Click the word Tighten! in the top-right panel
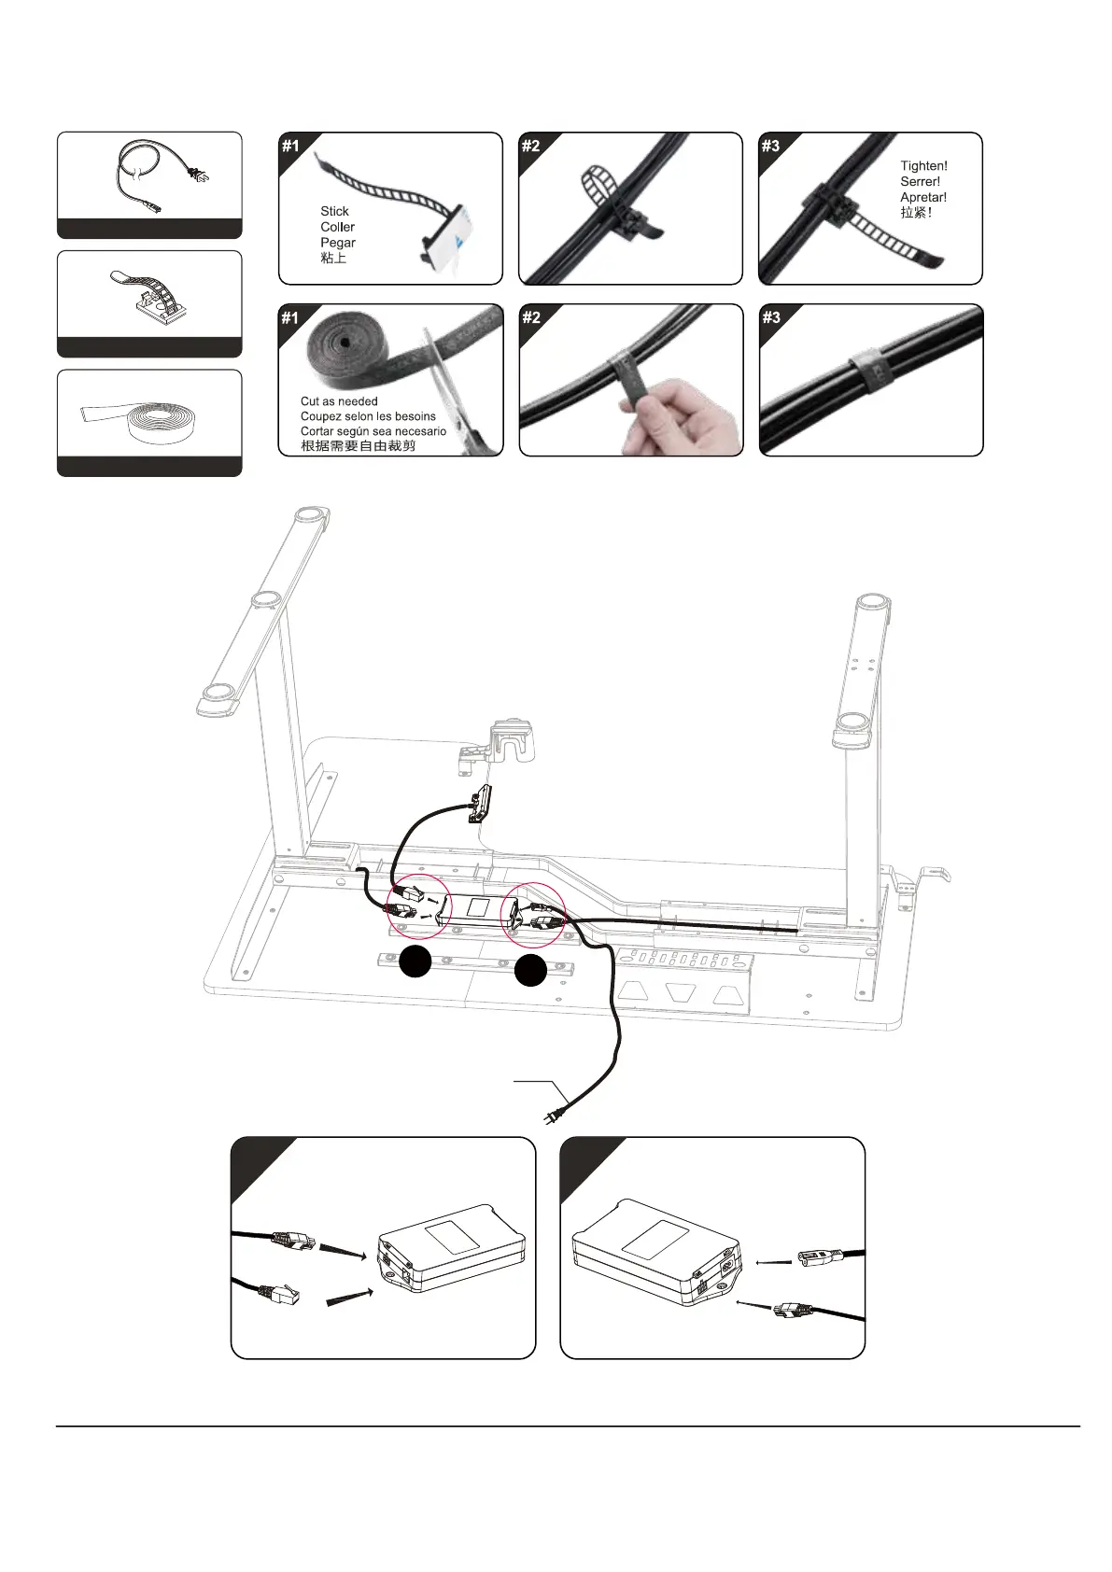pos(923,166)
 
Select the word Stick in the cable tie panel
pos(334,211)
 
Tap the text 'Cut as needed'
pos(339,401)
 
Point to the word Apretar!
pos(923,197)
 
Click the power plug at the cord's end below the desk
pos(552,1114)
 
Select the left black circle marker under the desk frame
pos(415,961)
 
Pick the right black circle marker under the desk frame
pos(530,970)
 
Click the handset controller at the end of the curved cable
pos(481,802)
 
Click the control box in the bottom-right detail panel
pos(655,1252)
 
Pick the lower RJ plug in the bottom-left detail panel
pos(277,1295)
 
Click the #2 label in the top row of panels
pos(530,146)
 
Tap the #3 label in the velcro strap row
pos(770,317)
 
